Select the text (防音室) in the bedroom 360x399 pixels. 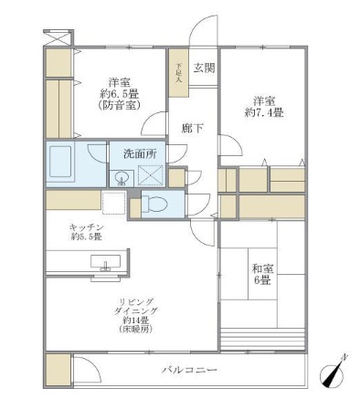[x=116, y=105]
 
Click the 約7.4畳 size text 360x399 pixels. [x=265, y=112]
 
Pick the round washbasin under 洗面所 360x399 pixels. [x=122, y=177]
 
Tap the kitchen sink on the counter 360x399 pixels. [x=106, y=267]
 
